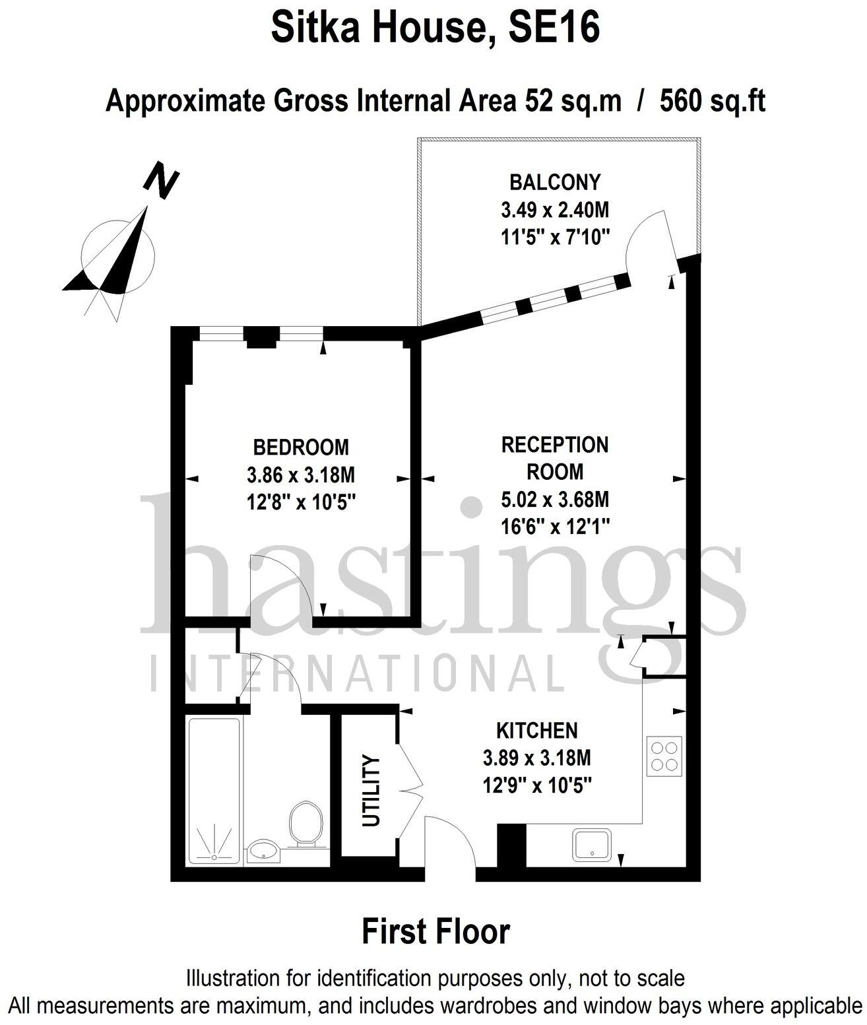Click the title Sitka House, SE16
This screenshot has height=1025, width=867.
point(435,28)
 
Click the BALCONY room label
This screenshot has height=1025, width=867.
point(555,182)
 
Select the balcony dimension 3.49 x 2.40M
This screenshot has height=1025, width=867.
point(555,210)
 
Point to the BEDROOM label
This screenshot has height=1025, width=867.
point(301,447)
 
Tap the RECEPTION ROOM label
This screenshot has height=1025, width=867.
point(555,458)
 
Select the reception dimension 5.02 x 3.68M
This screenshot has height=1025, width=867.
point(555,500)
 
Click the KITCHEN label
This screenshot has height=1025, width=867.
point(536,731)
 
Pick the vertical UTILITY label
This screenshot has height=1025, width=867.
point(372,791)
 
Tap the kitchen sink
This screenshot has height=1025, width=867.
point(592,844)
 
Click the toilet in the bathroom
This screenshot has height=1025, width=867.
point(305,824)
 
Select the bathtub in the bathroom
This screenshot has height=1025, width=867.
point(214,791)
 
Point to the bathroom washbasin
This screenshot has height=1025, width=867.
point(264,851)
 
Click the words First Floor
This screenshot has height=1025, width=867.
point(435,931)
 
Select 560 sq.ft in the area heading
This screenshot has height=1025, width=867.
point(712,102)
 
